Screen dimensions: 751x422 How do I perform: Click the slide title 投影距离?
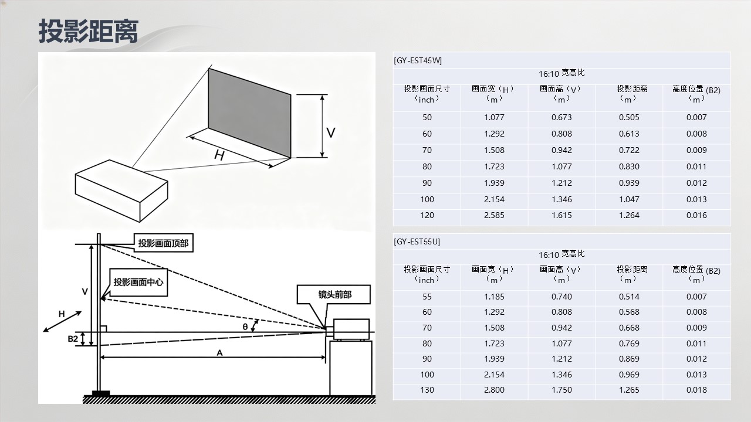pos(89,31)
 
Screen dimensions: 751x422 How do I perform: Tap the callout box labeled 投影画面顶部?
pos(163,243)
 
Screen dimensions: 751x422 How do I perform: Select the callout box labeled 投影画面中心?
pos(138,283)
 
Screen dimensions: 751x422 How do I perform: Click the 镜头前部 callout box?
pos(334,294)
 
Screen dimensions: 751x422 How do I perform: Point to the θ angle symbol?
pos(245,326)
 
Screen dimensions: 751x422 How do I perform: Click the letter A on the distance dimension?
pos(219,352)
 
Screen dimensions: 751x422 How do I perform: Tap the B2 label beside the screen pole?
pos(73,339)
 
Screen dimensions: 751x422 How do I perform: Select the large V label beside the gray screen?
pos(331,132)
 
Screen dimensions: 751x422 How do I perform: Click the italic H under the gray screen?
pos(219,155)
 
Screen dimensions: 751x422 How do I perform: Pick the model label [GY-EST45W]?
pos(418,60)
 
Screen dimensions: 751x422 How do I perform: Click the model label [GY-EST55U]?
pos(417,241)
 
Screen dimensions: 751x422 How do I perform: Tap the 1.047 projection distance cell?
pos(629,199)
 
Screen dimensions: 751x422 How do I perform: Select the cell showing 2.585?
pos(494,215)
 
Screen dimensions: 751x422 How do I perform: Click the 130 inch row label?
pos(427,390)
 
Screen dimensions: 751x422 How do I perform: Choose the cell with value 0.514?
pos(629,297)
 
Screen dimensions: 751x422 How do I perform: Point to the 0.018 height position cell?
pos(696,390)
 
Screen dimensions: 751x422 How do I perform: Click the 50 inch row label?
pos(427,117)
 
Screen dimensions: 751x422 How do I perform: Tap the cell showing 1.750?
pos(561,390)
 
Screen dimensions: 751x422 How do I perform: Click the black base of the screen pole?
pos(101,393)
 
